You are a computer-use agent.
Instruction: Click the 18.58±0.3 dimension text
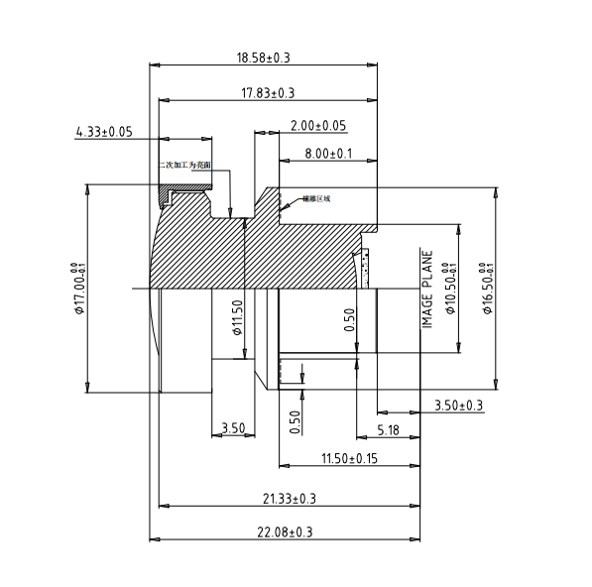[x=263, y=59]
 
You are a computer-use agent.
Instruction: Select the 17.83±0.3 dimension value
[x=268, y=93]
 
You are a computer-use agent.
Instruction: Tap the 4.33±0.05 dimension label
[x=104, y=131]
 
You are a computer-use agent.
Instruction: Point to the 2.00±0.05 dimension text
[x=317, y=126]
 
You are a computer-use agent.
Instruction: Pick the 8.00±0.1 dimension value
[x=329, y=154]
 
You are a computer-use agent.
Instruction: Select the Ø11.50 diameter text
[x=237, y=317]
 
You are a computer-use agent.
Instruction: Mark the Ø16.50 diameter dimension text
[x=486, y=289]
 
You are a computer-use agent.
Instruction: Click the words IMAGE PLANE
[x=428, y=288]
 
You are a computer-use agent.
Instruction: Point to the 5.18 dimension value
[x=389, y=429]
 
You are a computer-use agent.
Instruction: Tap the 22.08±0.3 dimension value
[x=285, y=532]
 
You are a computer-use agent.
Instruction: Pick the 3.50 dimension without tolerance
[x=233, y=428]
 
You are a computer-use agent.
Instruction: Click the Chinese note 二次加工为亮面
[x=185, y=167]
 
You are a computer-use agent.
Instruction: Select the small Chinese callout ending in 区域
[x=315, y=198]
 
